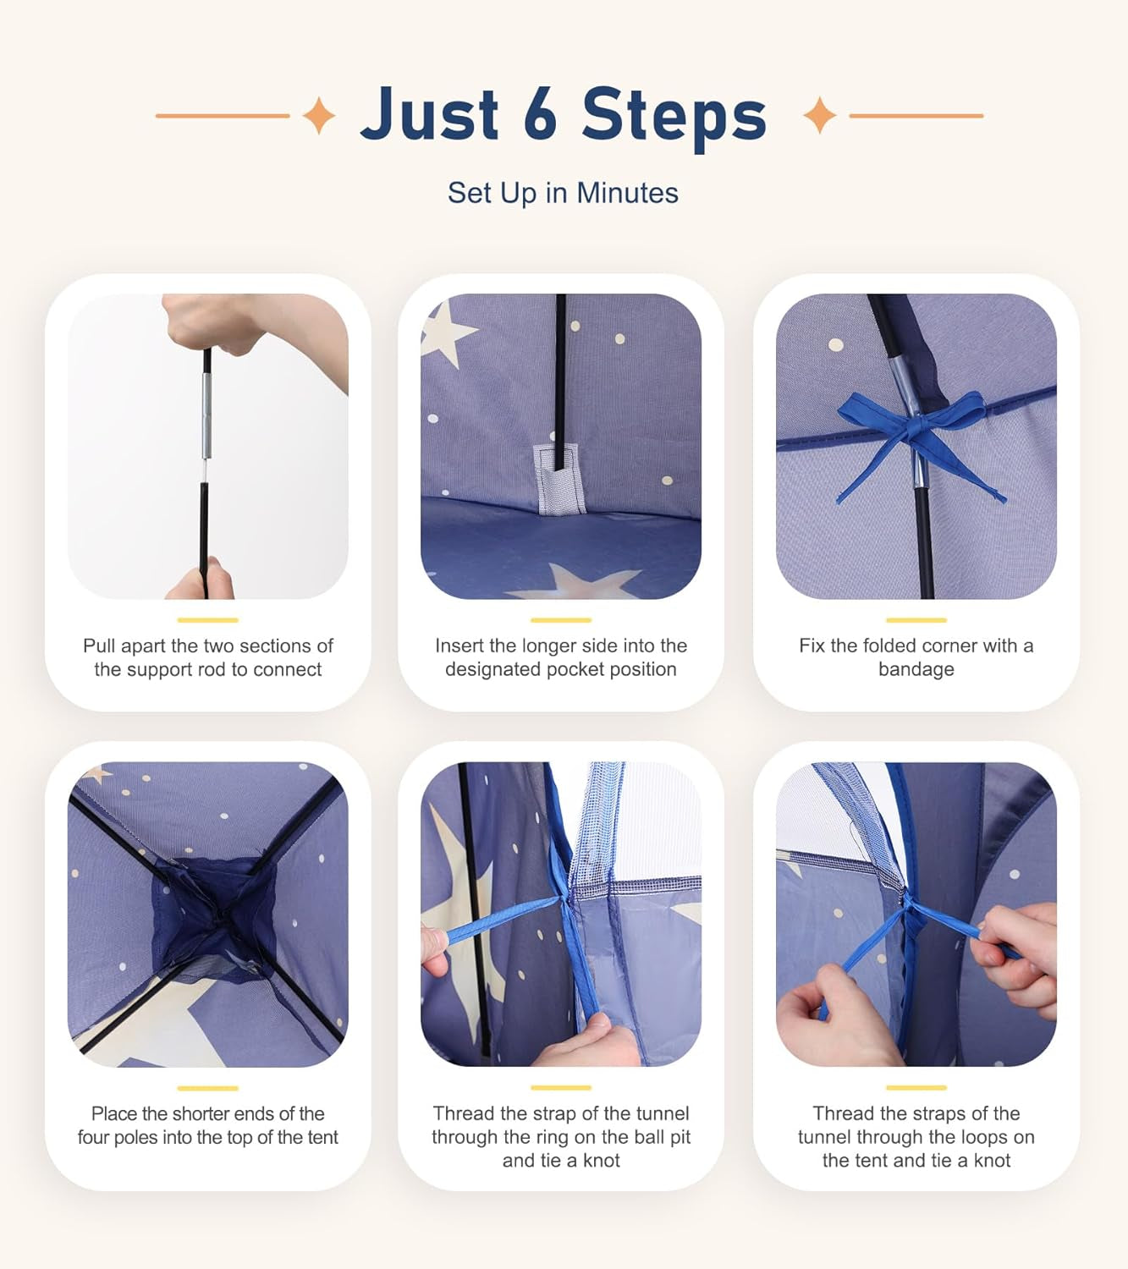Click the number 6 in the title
[x=540, y=113]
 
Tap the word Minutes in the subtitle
[x=627, y=193]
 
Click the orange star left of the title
[x=319, y=115]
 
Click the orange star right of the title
[x=820, y=115]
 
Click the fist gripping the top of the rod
[x=213, y=322]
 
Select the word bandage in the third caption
[x=916, y=669]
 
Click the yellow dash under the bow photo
[x=916, y=620]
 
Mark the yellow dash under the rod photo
[x=207, y=620]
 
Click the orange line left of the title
[x=223, y=116]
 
